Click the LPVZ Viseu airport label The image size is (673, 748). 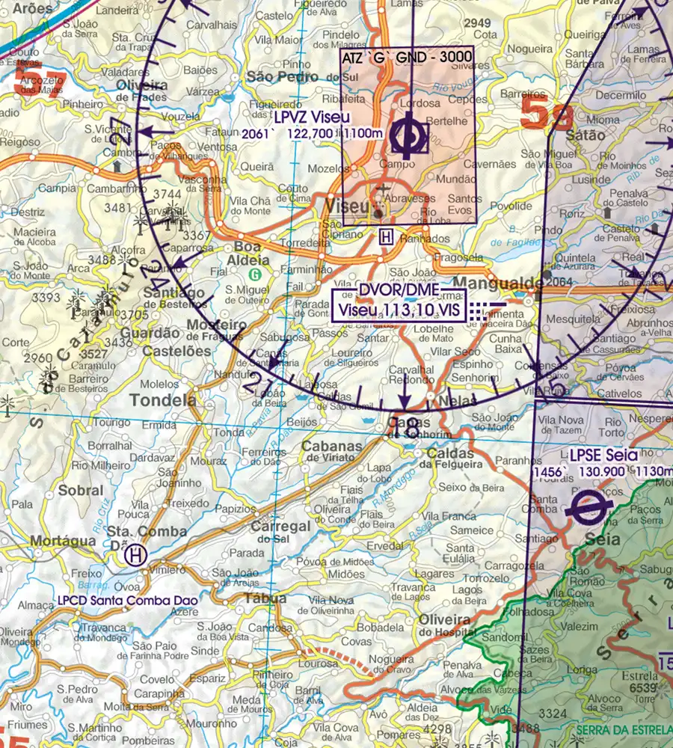tap(312, 118)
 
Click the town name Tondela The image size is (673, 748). tap(162, 400)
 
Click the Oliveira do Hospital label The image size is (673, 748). tap(446, 625)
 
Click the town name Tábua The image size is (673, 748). tap(265, 598)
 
